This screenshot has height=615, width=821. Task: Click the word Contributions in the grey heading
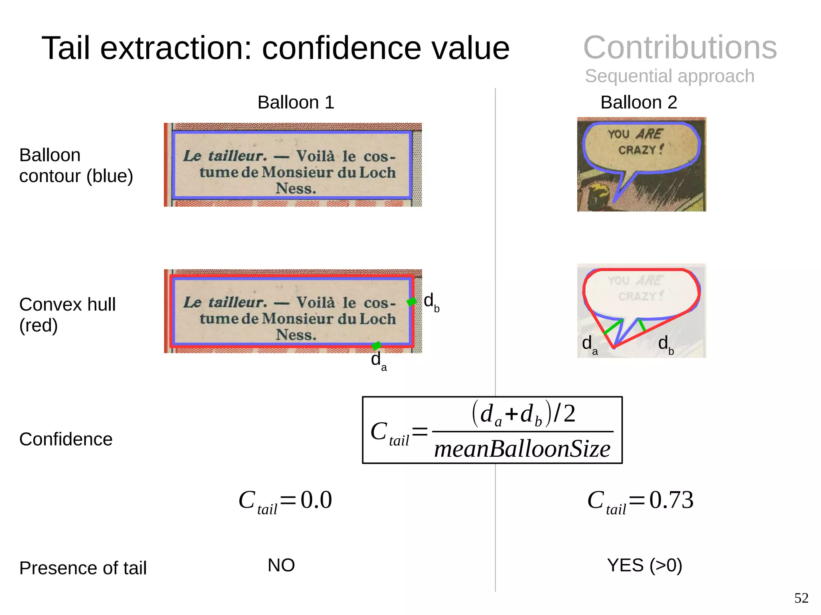680,47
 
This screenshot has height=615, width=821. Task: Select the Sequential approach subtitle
669,76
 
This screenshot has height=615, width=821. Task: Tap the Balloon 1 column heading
295,103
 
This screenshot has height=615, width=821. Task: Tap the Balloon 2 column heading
639,103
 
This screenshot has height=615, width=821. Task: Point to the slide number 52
801,598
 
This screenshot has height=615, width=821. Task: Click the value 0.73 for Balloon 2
671,500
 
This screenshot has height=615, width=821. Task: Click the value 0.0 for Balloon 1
316,500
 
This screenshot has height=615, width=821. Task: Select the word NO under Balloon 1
281,565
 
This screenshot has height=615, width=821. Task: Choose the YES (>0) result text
644,565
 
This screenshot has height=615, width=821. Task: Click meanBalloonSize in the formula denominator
522,449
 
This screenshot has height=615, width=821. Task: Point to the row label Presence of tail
83,568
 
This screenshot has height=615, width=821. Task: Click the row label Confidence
66,439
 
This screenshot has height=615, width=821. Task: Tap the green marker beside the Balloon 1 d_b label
412,301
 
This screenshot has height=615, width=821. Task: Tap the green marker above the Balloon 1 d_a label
376,345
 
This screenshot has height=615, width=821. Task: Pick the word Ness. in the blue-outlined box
296,188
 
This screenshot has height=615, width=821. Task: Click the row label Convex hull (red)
67,315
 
